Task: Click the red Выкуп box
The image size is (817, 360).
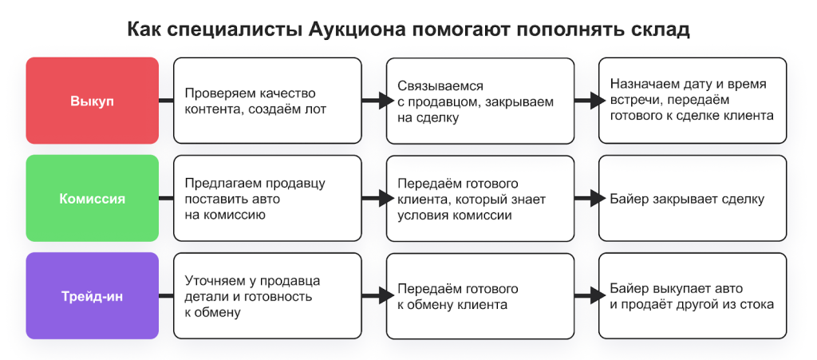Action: coord(92,101)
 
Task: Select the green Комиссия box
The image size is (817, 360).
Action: coord(92,199)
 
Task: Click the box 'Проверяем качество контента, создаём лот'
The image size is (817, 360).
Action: coord(267,101)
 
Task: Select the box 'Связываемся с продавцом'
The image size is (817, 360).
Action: coord(480,101)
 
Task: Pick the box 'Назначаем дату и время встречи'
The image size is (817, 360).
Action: coord(693,101)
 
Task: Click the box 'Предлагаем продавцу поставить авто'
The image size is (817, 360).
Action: coord(267,199)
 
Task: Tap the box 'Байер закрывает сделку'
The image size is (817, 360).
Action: coord(693,199)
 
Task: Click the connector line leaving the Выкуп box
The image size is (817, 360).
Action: coord(166,101)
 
